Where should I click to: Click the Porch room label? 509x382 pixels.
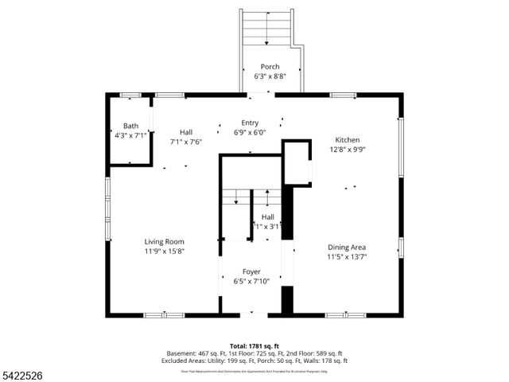click(x=271, y=67)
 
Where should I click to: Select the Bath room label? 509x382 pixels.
click(x=130, y=126)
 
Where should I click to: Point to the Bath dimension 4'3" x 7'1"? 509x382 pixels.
click(x=130, y=136)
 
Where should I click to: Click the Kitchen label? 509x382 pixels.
click(x=347, y=139)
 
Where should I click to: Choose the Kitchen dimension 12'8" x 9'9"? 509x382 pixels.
click(x=347, y=150)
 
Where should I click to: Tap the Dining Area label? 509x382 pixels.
click(x=347, y=247)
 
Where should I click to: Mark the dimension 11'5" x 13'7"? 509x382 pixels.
click(x=347, y=257)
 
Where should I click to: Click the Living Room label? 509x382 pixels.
click(x=165, y=242)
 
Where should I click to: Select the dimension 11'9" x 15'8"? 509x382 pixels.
click(x=165, y=252)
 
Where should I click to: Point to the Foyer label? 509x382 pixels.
click(x=252, y=271)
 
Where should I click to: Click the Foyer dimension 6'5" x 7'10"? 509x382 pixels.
click(x=252, y=282)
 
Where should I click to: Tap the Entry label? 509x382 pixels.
click(x=251, y=123)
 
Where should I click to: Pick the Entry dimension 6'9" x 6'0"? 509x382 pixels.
click(x=251, y=133)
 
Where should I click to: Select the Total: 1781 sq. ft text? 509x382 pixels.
click(x=254, y=346)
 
